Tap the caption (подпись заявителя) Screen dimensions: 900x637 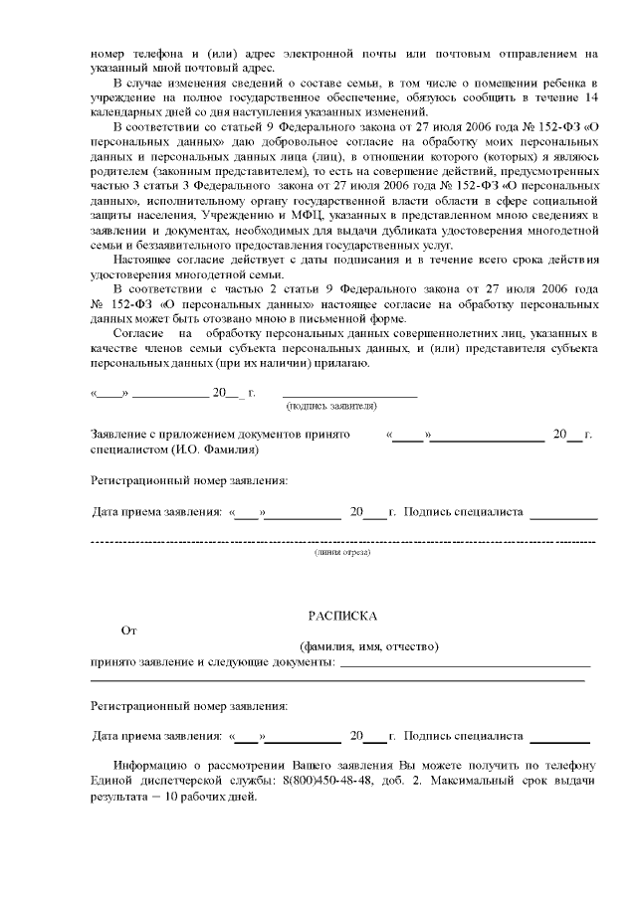330,407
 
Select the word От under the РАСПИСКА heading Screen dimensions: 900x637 128,630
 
